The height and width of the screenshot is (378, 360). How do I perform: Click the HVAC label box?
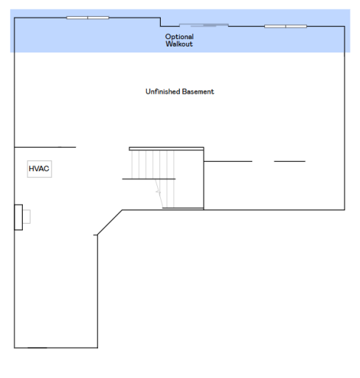pos(39,169)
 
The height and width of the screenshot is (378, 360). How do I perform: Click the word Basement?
pos(198,92)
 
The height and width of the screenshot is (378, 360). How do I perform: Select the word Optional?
pos(179,37)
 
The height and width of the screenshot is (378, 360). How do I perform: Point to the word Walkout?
pos(179,44)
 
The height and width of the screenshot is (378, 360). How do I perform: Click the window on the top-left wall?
pos(88,18)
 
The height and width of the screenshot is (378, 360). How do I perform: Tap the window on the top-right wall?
pos(285,27)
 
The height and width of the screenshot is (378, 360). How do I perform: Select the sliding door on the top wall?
pos(204,25)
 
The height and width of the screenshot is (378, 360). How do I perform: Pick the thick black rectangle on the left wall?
pos(18,217)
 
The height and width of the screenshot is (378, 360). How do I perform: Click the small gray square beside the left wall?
pos(27,216)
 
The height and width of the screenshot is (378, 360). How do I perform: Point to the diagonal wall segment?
pos(110,222)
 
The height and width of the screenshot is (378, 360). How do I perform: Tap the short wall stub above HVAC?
pos(45,147)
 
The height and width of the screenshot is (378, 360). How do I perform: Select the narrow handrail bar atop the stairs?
pos(167,148)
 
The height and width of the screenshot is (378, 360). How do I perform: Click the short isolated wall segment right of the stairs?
pos(290,161)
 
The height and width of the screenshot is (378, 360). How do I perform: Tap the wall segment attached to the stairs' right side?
pos(228,161)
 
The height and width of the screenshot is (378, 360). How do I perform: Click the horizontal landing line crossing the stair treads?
pos(149,179)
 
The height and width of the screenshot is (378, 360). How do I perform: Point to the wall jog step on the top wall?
pos(161,22)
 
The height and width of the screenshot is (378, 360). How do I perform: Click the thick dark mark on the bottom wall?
pos(38,348)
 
